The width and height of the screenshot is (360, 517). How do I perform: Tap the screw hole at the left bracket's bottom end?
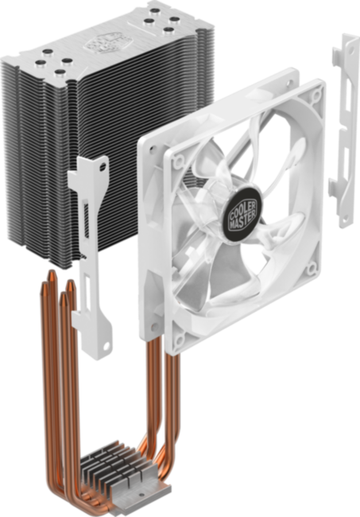click(106, 348)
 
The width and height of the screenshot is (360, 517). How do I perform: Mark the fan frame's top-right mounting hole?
click(317, 95)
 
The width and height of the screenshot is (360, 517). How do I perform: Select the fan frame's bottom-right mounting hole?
click(312, 269)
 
